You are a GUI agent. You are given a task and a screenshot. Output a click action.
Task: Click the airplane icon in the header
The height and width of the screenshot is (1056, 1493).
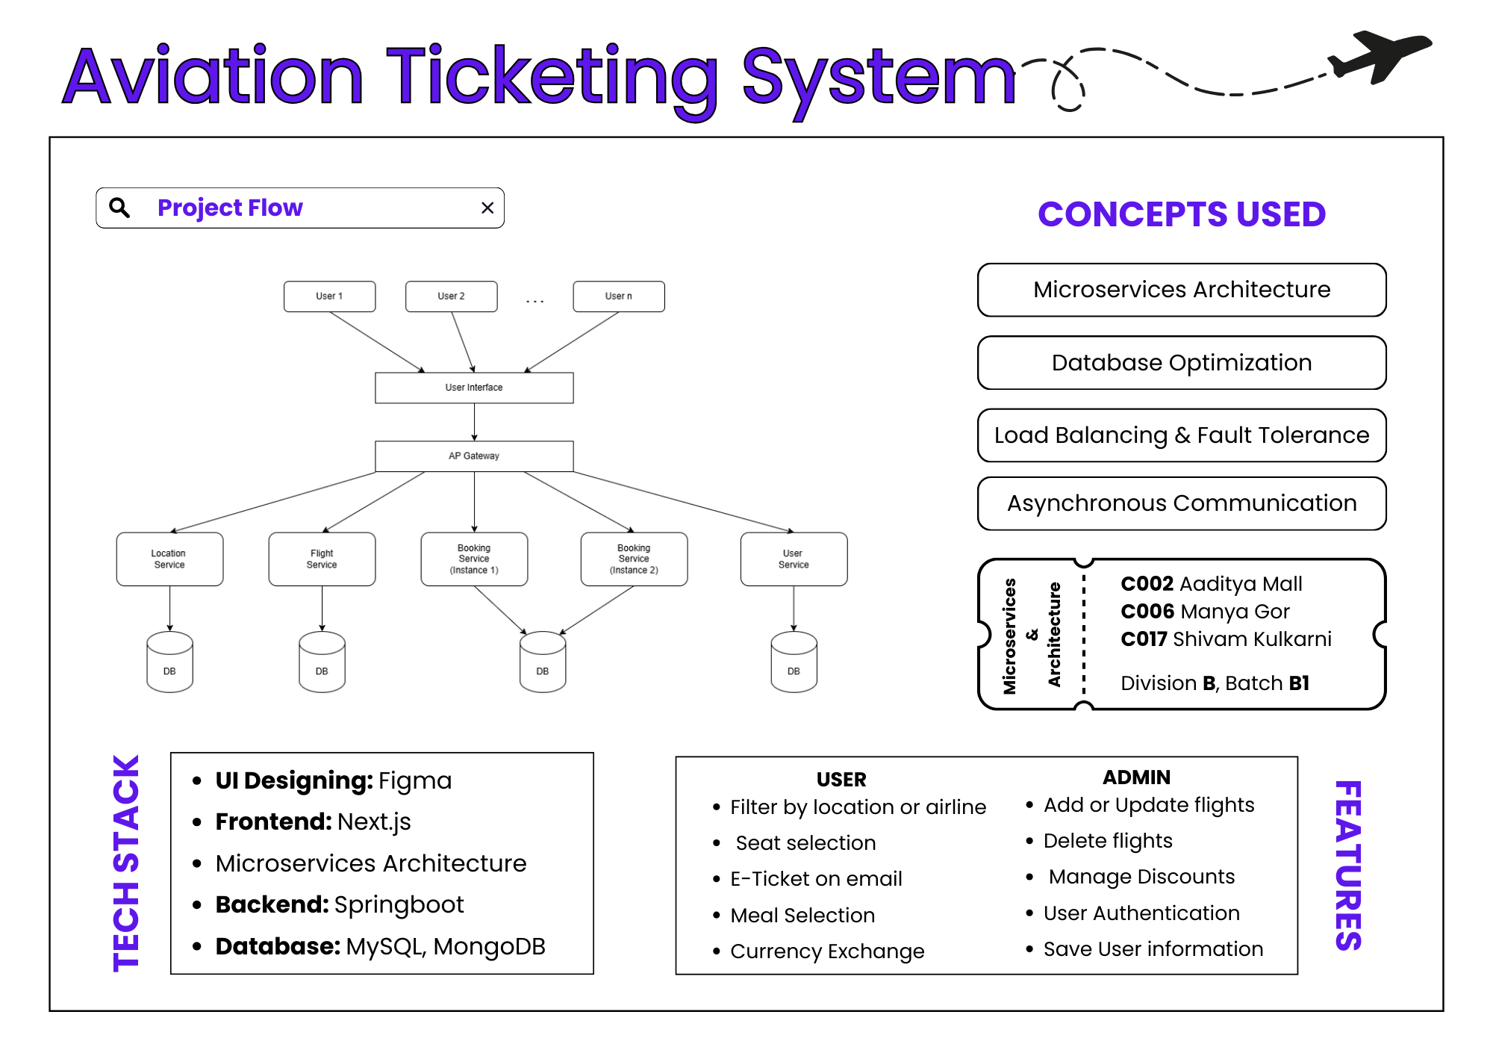pyautogui.click(x=1380, y=55)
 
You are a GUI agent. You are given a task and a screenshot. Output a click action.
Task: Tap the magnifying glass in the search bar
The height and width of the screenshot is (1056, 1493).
pyautogui.click(x=119, y=208)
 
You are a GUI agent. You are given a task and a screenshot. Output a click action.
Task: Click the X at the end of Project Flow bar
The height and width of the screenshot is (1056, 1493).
pyautogui.click(x=487, y=208)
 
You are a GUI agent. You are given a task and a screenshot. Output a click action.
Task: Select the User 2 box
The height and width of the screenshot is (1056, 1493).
pyautogui.click(x=451, y=296)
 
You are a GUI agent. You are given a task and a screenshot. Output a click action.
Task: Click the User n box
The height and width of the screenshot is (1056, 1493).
pyautogui.click(x=618, y=296)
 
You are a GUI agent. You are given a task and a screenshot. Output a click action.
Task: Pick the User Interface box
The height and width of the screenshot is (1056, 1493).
pyautogui.click(x=474, y=388)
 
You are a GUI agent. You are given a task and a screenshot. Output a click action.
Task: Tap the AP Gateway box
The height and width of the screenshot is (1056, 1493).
pyautogui.click(x=474, y=456)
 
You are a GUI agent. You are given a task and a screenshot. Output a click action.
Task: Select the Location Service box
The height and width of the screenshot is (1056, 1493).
pyautogui.click(x=169, y=559)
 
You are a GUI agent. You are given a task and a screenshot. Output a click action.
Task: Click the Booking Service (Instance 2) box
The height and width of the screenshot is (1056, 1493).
pyautogui.click(x=634, y=559)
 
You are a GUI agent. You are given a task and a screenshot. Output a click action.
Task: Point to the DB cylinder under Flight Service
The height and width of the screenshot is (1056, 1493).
pyautogui.click(x=322, y=662)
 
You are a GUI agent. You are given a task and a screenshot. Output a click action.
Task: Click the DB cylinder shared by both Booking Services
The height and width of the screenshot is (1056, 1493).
pyautogui.click(x=543, y=662)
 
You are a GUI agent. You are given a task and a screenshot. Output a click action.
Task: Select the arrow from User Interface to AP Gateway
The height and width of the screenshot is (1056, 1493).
pyautogui.click(x=474, y=422)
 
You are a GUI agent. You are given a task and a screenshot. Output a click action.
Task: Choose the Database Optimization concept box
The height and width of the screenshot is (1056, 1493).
pyautogui.click(x=1182, y=363)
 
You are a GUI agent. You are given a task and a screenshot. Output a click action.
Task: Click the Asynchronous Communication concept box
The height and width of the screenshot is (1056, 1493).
pyautogui.click(x=1182, y=503)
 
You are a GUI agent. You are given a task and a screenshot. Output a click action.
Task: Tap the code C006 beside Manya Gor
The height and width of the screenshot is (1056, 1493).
pyautogui.click(x=1147, y=612)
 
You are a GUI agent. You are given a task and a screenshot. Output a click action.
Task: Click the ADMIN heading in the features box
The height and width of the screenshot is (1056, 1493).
pyautogui.click(x=1136, y=777)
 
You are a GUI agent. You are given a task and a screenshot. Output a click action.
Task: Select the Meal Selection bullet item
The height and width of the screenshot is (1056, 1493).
pyautogui.click(x=802, y=916)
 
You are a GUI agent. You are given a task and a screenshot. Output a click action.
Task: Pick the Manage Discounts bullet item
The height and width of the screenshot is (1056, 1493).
pyautogui.click(x=1141, y=877)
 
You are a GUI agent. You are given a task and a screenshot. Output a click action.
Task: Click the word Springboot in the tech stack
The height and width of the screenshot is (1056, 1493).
pyautogui.click(x=399, y=905)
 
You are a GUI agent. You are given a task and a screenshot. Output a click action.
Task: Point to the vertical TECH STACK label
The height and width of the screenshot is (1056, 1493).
pyautogui.click(x=126, y=863)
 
